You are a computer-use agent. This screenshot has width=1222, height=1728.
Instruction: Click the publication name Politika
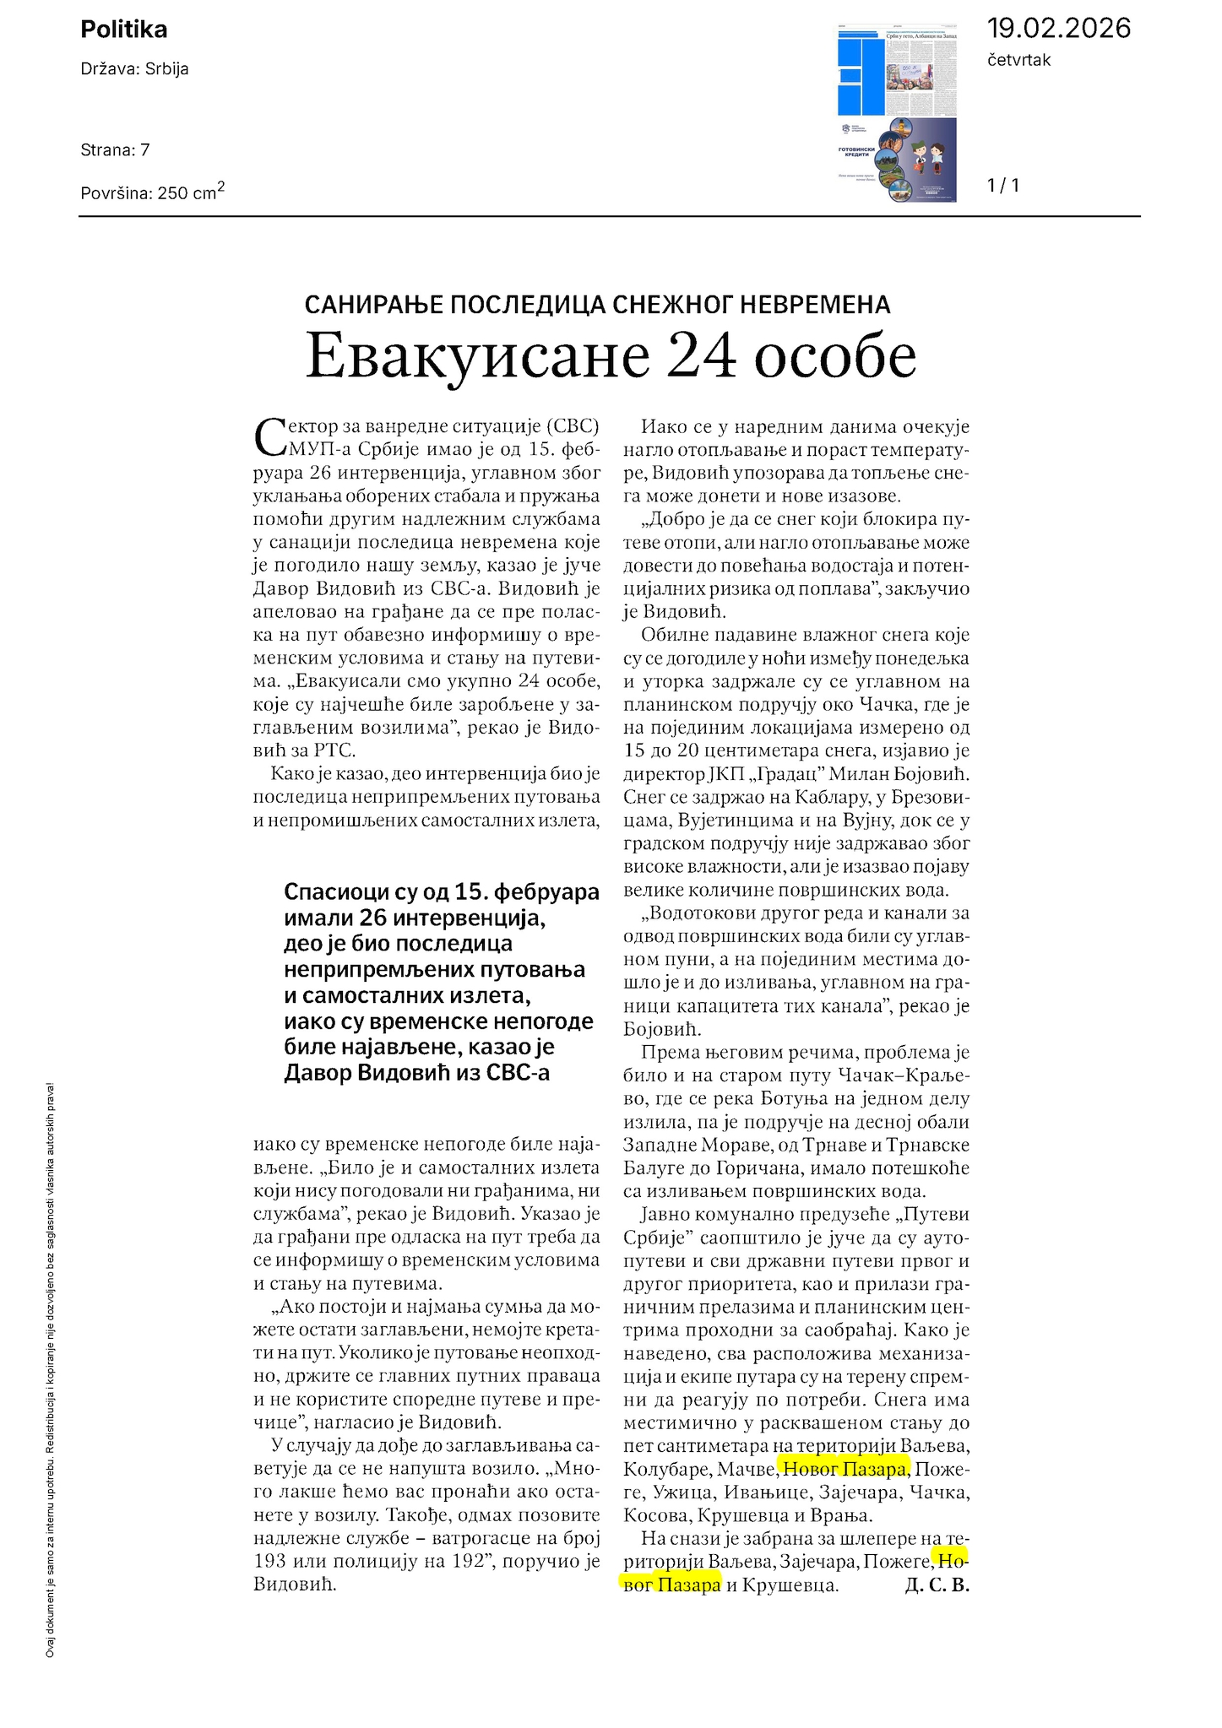(124, 30)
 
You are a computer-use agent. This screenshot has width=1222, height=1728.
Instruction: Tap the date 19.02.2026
(1058, 29)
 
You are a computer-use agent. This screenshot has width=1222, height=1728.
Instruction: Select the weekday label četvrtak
(1018, 60)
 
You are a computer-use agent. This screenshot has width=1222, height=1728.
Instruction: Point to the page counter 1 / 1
(1003, 186)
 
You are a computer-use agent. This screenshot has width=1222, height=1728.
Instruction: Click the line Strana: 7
(115, 150)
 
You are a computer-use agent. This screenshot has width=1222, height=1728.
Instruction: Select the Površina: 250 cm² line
(152, 192)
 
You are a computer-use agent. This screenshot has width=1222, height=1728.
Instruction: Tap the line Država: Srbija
(134, 69)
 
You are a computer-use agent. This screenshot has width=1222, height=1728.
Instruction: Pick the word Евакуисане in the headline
(476, 356)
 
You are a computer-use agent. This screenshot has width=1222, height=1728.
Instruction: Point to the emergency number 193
(270, 1561)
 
